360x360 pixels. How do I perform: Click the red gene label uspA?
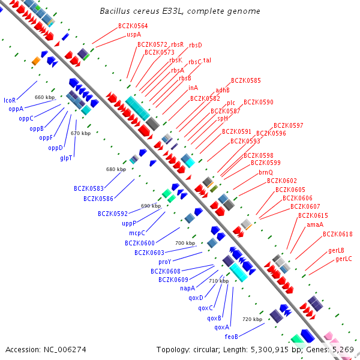click(x=133, y=35)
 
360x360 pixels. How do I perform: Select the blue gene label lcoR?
click(x=10, y=100)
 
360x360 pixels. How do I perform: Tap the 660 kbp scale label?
click(x=44, y=97)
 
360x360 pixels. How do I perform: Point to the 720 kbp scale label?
click(x=252, y=319)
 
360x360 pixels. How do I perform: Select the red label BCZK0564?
click(x=133, y=26)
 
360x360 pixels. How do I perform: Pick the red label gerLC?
click(x=343, y=259)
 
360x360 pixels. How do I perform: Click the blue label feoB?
click(x=232, y=337)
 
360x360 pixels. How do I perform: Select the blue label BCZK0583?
click(x=89, y=189)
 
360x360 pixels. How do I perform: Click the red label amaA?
click(x=314, y=224)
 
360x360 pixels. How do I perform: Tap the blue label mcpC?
click(x=137, y=233)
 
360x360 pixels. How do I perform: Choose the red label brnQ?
click(x=266, y=172)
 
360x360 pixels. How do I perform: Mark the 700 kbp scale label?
click(x=185, y=243)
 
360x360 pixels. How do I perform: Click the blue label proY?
click(x=165, y=262)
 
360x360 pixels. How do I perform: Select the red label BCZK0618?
click(x=337, y=234)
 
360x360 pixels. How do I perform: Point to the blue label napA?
click(x=187, y=288)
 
